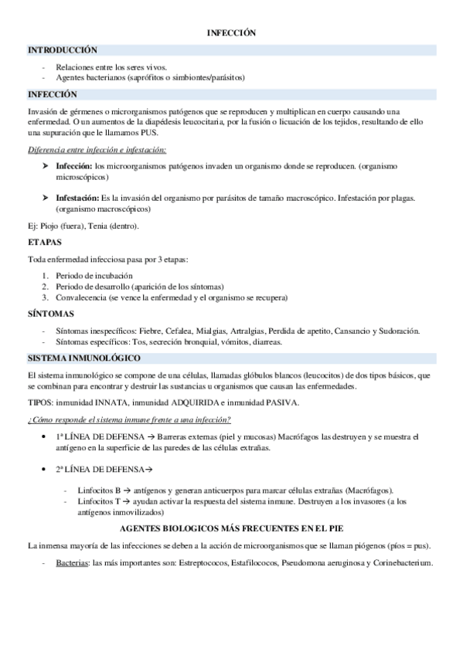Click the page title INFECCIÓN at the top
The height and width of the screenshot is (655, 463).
[x=231, y=33]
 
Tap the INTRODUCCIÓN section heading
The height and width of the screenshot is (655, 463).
[x=62, y=49]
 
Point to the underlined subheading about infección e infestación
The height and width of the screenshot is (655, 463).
[x=97, y=149]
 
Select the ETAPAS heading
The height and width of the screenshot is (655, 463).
[x=45, y=242]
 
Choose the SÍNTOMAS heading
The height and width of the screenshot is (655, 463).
[x=50, y=314]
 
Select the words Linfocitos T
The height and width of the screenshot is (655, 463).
[x=99, y=502]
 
